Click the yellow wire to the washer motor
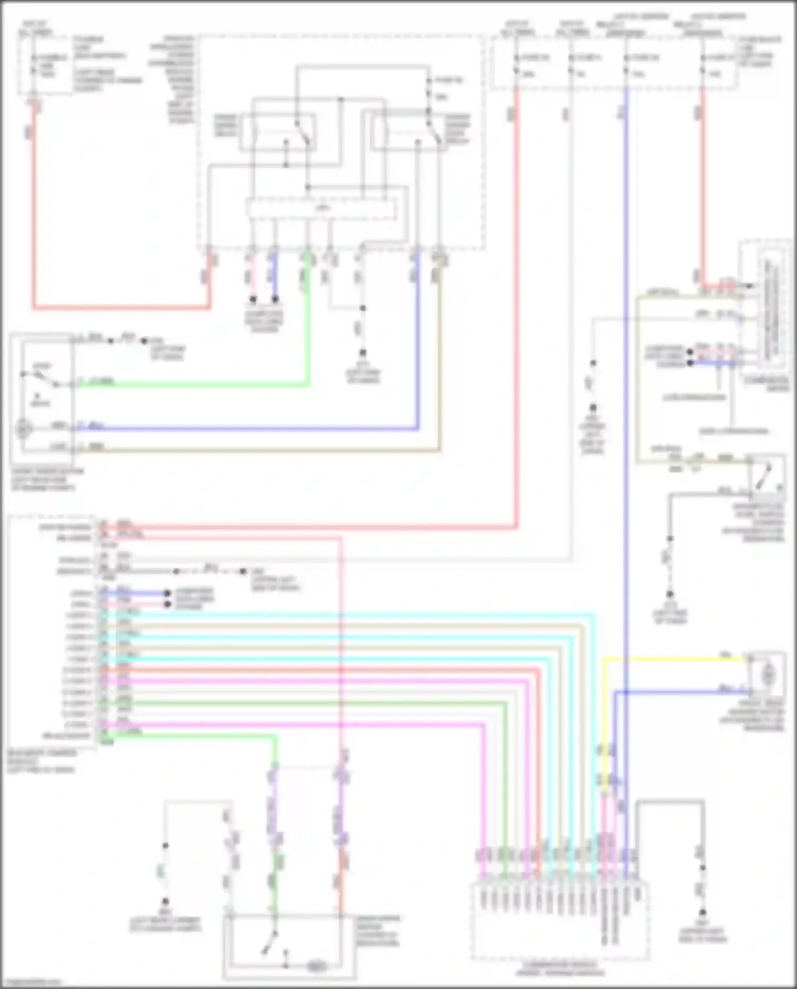pos(675,660)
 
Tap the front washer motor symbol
pos(767,675)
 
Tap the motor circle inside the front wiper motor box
pos(23,428)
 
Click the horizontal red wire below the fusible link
pos(122,307)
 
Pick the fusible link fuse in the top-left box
pos(34,64)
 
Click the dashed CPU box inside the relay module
pos(321,209)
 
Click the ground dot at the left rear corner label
pos(165,902)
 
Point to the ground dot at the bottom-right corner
pos(702,912)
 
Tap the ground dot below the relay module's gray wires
pos(363,353)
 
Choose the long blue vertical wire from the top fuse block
pos(626,425)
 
